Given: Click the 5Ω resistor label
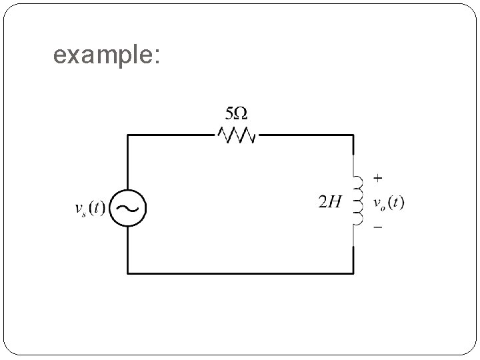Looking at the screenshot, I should point(237,111).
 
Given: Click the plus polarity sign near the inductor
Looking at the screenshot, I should point(378,178).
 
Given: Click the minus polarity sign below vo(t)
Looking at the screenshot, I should point(378,228).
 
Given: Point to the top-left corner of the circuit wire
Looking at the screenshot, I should point(128,135).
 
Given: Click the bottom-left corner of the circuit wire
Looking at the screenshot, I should point(128,273).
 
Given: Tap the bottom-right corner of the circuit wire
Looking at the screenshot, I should point(353,273).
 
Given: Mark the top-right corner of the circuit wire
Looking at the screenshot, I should point(353,135).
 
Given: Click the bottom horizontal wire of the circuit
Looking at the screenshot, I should point(240,273).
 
